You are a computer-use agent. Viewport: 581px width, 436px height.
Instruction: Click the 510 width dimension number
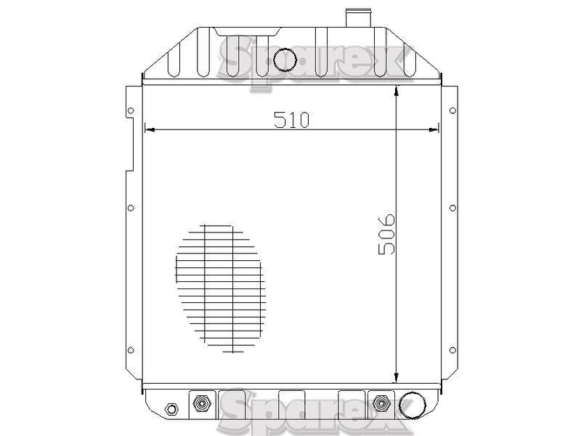pyautogui.click(x=291, y=119)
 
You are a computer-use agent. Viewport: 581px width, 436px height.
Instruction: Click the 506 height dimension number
pyautogui.click(x=387, y=234)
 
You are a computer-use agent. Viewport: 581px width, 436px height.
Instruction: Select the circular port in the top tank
pyautogui.click(x=285, y=60)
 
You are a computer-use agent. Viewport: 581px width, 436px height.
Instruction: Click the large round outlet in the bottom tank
pyautogui.click(x=412, y=405)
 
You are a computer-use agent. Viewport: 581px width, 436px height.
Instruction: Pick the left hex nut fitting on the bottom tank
pyautogui.click(x=201, y=403)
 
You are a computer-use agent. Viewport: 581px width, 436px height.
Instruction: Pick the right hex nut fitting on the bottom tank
pyautogui.click(x=381, y=403)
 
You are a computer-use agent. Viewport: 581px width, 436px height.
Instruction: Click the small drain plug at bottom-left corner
pyautogui.click(x=171, y=409)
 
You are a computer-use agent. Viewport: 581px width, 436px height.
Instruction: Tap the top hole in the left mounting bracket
pyautogui.click(x=131, y=110)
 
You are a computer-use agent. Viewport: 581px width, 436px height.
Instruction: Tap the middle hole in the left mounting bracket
pyautogui.click(x=131, y=208)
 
